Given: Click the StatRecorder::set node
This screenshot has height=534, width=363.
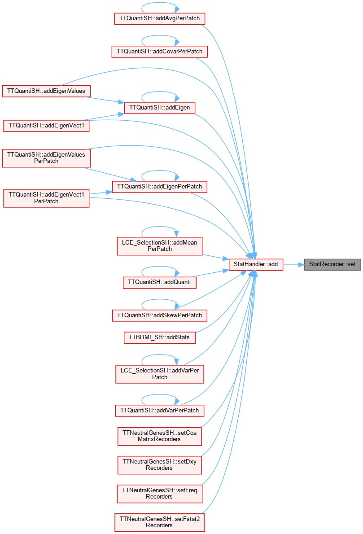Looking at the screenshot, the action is click(332, 264).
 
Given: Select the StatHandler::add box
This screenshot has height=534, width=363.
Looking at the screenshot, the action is click(256, 264).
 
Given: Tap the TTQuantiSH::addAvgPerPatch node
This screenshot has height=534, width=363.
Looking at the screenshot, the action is click(159, 18).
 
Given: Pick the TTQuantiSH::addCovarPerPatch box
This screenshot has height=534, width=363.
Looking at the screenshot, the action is click(159, 52).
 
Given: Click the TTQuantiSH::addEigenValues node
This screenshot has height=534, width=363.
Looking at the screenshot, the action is click(46, 91).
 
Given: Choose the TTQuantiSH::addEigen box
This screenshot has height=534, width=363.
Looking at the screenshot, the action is click(159, 108).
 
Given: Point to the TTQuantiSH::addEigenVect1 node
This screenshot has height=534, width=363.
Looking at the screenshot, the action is click(46, 126).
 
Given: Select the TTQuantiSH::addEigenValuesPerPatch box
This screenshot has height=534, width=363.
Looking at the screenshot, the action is click(46, 158).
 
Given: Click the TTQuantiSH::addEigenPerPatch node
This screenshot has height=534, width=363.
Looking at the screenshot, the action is click(159, 187).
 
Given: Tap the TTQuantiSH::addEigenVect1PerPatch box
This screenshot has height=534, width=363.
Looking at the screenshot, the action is click(46, 198).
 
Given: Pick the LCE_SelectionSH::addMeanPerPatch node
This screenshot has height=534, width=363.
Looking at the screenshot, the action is click(159, 246).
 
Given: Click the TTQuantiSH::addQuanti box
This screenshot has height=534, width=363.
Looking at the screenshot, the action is click(159, 282).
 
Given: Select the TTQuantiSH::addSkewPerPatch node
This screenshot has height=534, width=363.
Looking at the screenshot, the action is click(159, 315).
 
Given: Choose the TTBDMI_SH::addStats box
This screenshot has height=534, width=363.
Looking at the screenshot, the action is click(159, 337).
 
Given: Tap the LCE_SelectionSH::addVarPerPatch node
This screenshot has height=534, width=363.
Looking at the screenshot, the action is click(159, 374).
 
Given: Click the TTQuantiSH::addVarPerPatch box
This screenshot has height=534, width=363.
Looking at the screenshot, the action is click(159, 411).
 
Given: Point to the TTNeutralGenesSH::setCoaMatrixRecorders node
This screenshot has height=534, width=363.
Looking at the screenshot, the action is click(159, 436).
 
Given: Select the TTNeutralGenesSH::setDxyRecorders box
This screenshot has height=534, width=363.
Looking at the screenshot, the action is click(159, 465).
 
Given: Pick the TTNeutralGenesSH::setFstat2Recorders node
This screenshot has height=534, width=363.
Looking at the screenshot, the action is click(159, 522).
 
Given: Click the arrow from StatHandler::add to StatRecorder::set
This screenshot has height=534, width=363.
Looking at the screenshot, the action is click(293, 265).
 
